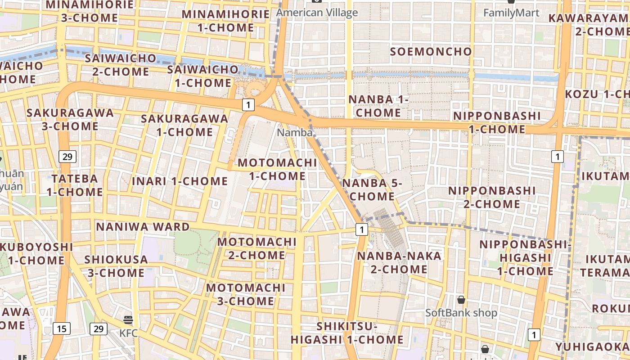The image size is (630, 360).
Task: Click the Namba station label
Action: pyautogui.click(x=294, y=133)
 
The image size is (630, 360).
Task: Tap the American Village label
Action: pyautogui.click(x=317, y=13)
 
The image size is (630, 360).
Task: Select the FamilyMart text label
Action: pyautogui.click(x=511, y=13)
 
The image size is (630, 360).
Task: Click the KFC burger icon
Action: pyautogui.click(x=128, y=320)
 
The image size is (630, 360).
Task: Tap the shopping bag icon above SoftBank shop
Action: pyautogui.click(x=461, y=300)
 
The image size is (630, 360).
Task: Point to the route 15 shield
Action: pyautogui.click(x=62, y=328)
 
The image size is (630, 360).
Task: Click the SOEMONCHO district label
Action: pyautogui.click(x=431, y=51)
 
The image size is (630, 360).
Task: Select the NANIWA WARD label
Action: pyautogui.click(x=143, y=226)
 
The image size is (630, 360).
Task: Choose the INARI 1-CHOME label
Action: pyautogui.click(x=180, y=181)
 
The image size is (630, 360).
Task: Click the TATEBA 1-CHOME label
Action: pyautogui.click(x=75, y=185)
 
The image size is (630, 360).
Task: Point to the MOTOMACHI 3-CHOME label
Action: pyautogui.click(x=246, y=294)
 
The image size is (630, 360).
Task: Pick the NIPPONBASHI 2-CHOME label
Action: pyautogui.click(x=492, y=197)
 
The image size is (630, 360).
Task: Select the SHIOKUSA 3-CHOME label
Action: pyautogui.click(x=116, y=266)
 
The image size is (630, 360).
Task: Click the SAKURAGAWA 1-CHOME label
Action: pyautogui.click(x=184, y=125)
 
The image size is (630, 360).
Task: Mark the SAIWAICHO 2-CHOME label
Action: pyautogui.click(x=121, y=65)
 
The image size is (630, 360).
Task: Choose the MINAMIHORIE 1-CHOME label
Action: pyautogui.click(x=226, y=21)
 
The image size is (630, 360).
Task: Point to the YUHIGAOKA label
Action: pyautogui.click(x=592, y=347)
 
